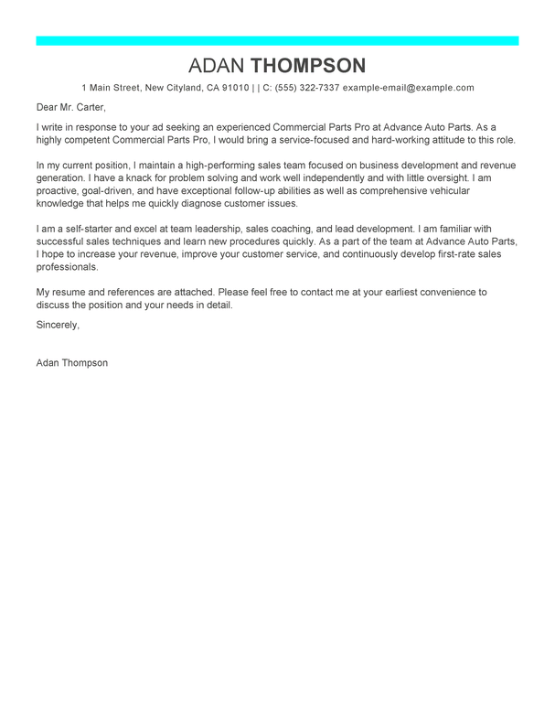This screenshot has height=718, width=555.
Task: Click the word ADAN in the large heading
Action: [217, 65]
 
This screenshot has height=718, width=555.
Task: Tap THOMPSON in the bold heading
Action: [308, 65]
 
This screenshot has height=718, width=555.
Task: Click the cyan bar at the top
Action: [277, 40]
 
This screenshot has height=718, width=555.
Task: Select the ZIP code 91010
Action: [235, 88]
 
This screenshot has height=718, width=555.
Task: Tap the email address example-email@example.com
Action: [408, 88]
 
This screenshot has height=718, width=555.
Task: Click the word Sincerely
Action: [58, 325]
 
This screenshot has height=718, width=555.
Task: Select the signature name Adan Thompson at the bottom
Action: [71, 362]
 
